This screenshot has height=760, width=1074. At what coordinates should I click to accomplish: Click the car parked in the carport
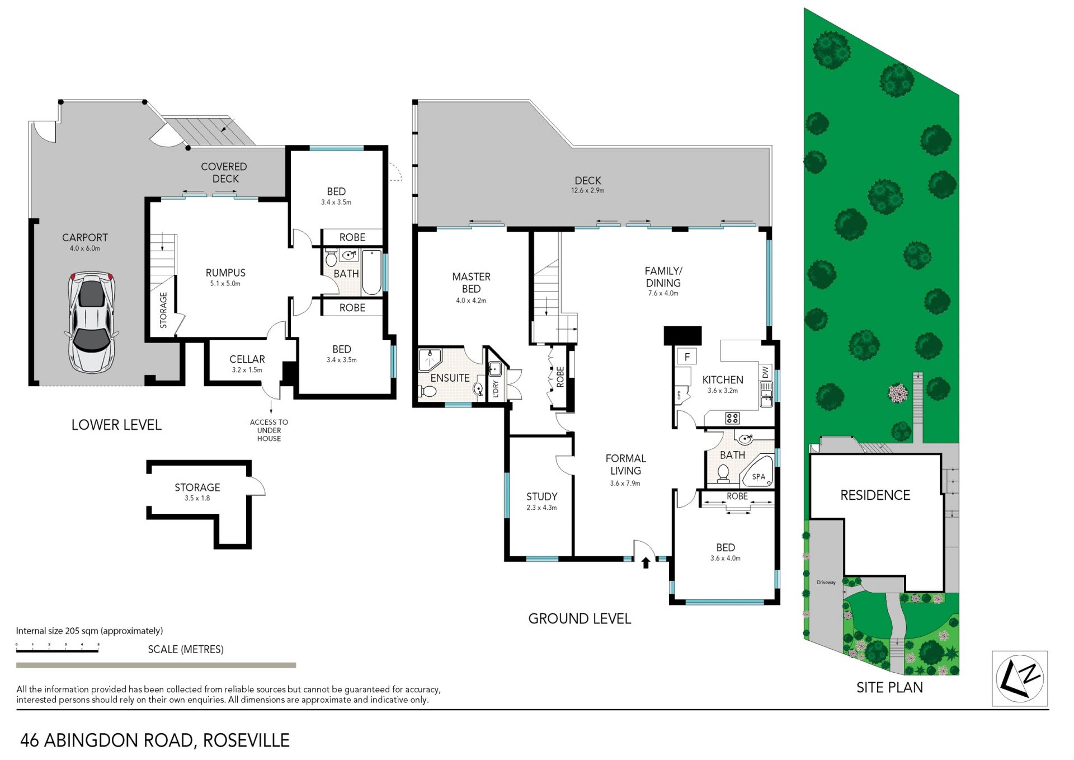coord(92,322)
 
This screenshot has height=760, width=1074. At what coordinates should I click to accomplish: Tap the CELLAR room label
coord(247,359)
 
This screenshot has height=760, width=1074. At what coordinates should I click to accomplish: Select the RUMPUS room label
coord(225,273)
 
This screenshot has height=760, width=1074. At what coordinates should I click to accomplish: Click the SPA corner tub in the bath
coord(757,472)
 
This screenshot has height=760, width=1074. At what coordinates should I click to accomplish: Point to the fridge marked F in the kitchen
coord(686,356)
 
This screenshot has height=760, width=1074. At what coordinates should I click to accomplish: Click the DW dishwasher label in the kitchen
coord(765,372)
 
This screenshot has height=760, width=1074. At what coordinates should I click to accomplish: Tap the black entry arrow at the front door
coord(646,562)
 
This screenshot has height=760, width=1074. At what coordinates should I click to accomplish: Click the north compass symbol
coord(1020,678)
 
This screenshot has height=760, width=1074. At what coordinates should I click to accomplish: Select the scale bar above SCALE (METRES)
coord(57,649)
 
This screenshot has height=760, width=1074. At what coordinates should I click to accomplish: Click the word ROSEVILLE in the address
coord(246,740)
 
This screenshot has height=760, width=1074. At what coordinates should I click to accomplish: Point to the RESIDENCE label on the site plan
coord(875,495)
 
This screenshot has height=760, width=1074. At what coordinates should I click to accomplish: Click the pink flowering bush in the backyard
coord(898,393)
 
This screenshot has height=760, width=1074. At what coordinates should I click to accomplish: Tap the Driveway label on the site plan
coord(826,583)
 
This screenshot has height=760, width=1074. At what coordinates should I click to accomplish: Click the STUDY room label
coord(541,496)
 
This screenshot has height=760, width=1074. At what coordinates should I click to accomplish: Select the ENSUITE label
coord(450,378)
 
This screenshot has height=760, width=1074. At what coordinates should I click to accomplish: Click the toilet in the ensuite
coord(427,391)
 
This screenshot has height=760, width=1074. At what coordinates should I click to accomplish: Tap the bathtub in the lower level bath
coord(371,273)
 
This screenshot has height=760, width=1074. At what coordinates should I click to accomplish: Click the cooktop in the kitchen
coord(732,417)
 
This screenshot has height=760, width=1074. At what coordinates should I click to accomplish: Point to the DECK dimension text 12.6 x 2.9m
coord(587,191)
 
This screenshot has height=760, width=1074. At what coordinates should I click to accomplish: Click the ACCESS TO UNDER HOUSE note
coord(269,430)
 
